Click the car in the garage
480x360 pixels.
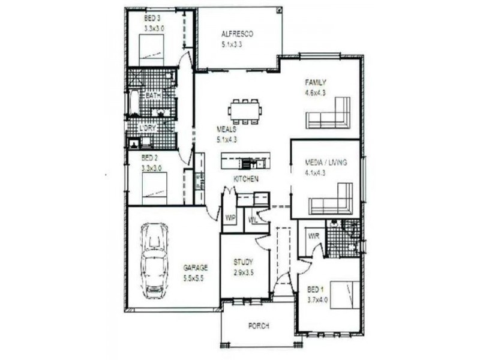[155, 260]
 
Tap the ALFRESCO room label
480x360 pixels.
[237, 34]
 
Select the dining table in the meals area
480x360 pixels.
[245, 111]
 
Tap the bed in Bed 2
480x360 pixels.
[154, 187]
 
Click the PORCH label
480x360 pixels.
[259, 326]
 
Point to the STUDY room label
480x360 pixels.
[242, 262]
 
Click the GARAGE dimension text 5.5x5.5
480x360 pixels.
[194, 278]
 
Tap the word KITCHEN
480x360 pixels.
[246, 179]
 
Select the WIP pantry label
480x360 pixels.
[229, 217]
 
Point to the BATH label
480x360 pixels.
[153, 96]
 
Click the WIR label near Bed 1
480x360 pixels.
[313, 236]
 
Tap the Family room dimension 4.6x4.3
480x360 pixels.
[315, 92]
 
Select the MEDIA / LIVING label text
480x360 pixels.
[326, 163]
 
